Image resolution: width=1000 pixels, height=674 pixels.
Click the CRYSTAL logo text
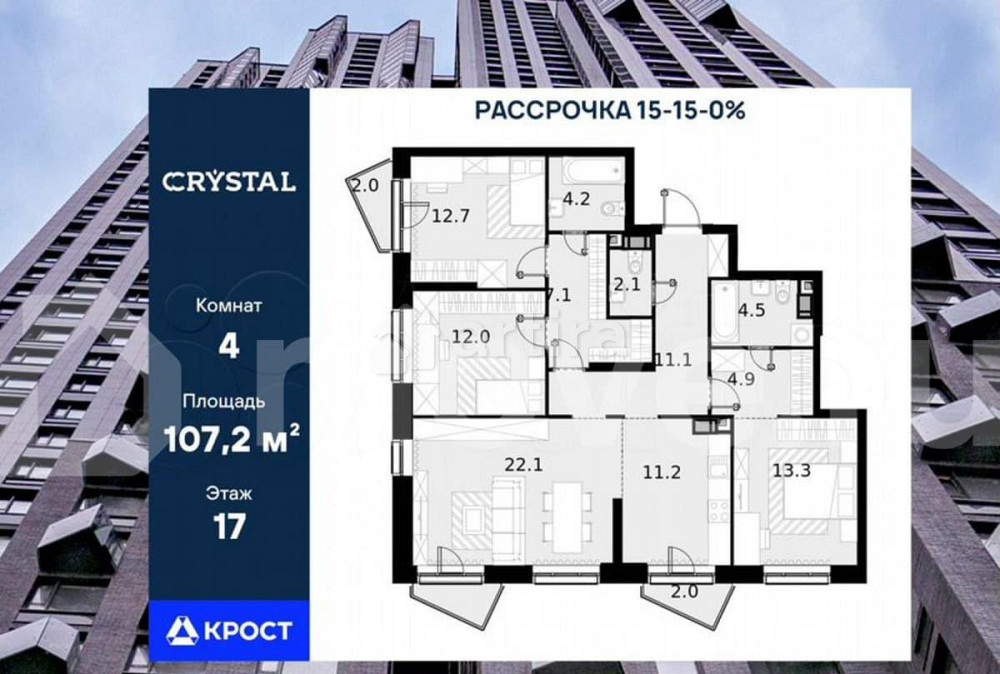[229, 181]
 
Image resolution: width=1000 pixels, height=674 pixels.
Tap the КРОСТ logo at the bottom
[230, 630]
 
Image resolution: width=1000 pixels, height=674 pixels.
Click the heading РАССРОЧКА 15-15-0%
[610, 111]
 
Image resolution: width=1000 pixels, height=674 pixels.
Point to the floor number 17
[229, 526]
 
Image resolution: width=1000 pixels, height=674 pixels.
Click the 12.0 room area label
[470, 337]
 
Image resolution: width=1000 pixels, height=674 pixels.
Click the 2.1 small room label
[628, 284]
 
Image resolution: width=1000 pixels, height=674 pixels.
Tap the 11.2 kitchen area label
[660, 472]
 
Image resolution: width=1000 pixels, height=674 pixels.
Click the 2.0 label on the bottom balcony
[683, 592]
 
